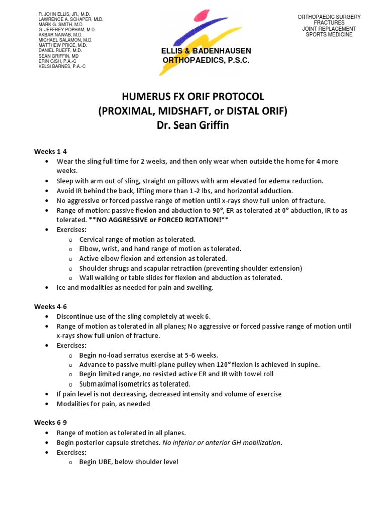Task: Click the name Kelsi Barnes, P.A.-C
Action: [x=62, y=66]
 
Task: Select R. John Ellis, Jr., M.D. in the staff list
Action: [x=65, y=13]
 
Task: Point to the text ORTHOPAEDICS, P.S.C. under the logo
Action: [x=206, y=60]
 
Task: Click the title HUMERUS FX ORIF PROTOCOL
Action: [x=193, y=97]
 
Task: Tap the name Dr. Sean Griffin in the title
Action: [x=193, y=125]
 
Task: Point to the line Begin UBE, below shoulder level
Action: [x=129, y=462]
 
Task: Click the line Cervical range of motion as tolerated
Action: [x=137, y=239]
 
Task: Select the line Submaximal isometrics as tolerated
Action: [x=135, y=384]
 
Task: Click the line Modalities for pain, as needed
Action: [x=103, y=404]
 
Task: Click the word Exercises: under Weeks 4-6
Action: [x=72, y=346]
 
